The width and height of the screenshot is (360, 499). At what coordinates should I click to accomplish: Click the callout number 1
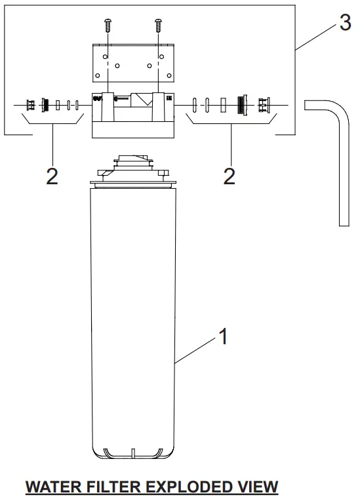point(223,336)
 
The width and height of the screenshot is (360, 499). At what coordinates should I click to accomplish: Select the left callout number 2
point(52,176)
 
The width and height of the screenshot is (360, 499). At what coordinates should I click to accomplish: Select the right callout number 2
point(229,176)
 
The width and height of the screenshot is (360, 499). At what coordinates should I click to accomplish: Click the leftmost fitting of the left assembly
point(30,104)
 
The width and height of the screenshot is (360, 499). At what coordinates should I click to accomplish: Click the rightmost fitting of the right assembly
point(265,104)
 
